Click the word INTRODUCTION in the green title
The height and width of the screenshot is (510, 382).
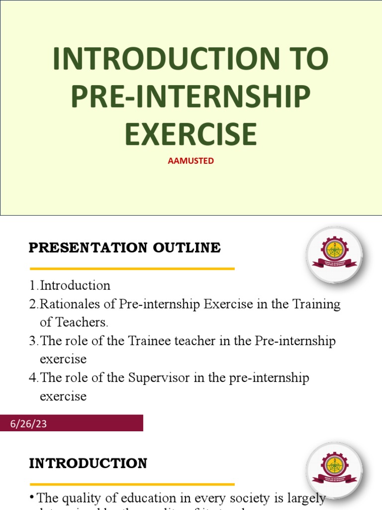pyautogui.click(x=167, y=59)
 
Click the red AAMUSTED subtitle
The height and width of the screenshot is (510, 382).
pyautogui.click(x=191, y=161)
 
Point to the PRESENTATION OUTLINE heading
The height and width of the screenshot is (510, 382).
pyautogui.click(x=124, y=248)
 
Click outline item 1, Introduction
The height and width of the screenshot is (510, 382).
pyautogui.click(x=75, y=285)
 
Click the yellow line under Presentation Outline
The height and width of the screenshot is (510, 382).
pyautogui.click(x=132, y=269)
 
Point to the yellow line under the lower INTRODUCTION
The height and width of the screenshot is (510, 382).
pyautogui.click(x=132, y=484)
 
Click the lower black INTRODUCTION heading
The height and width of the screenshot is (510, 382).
pyautogui.click(x=88, y=463)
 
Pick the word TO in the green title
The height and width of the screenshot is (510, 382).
pyautogui.click(x=309, y=59)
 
